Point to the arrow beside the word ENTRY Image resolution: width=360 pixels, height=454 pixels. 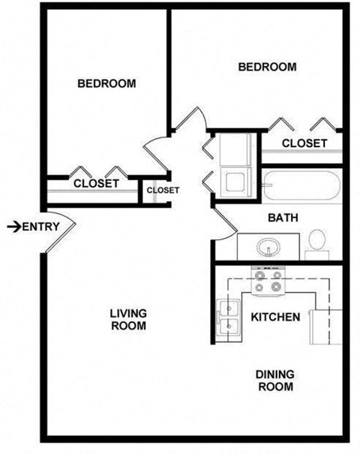pyautogui.click(x=13, y=227)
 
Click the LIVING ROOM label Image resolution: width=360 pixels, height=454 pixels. pyautogui.click(x=127, y=320)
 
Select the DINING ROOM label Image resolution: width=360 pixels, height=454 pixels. pyautogui.click(x=275, y=380)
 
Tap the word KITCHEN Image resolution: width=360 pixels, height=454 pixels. pyautogui.click(x=275, y=317)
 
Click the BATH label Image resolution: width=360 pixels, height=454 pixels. pyautogui.click(x=283, y=218)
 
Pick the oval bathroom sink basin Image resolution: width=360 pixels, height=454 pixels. pyautogui.click(x=267, y=245)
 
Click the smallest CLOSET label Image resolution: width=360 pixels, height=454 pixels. pyautogui.click(x=163, y=190)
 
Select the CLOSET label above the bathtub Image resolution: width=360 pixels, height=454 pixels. pyautogui.click(x=304, y=143)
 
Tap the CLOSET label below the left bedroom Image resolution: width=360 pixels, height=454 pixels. pyautogui.click(x=96, y=183)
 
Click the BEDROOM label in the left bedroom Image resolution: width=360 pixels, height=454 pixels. pyautogui.click(x=107, y=83)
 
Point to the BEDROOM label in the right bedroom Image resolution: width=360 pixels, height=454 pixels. pyautogui.click(x=267, y=67)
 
